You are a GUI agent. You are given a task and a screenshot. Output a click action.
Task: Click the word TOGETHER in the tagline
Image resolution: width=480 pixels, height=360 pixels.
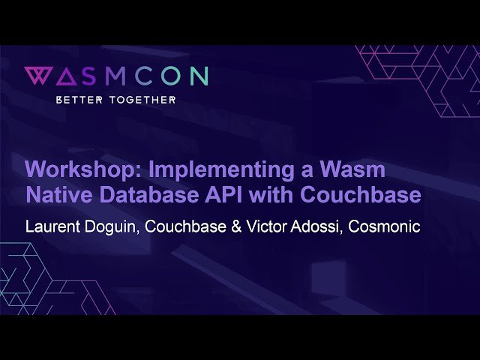click(x=142, y=99)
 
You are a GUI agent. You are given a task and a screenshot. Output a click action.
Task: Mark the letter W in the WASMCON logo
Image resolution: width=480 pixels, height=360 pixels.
click(x=37, y=76)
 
